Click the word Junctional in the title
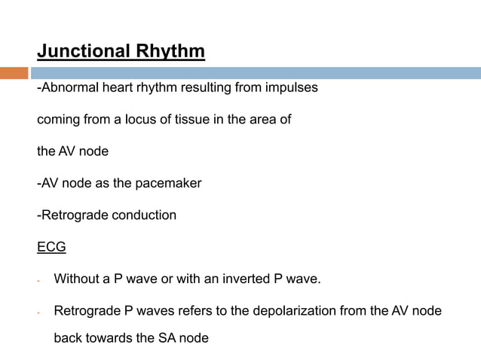tap(84, 52)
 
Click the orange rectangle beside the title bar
tap(14, 73)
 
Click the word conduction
tap(144, 215)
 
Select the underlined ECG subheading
tap(52, 248)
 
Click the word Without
tap(77, 280)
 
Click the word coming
tap(58, 120)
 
